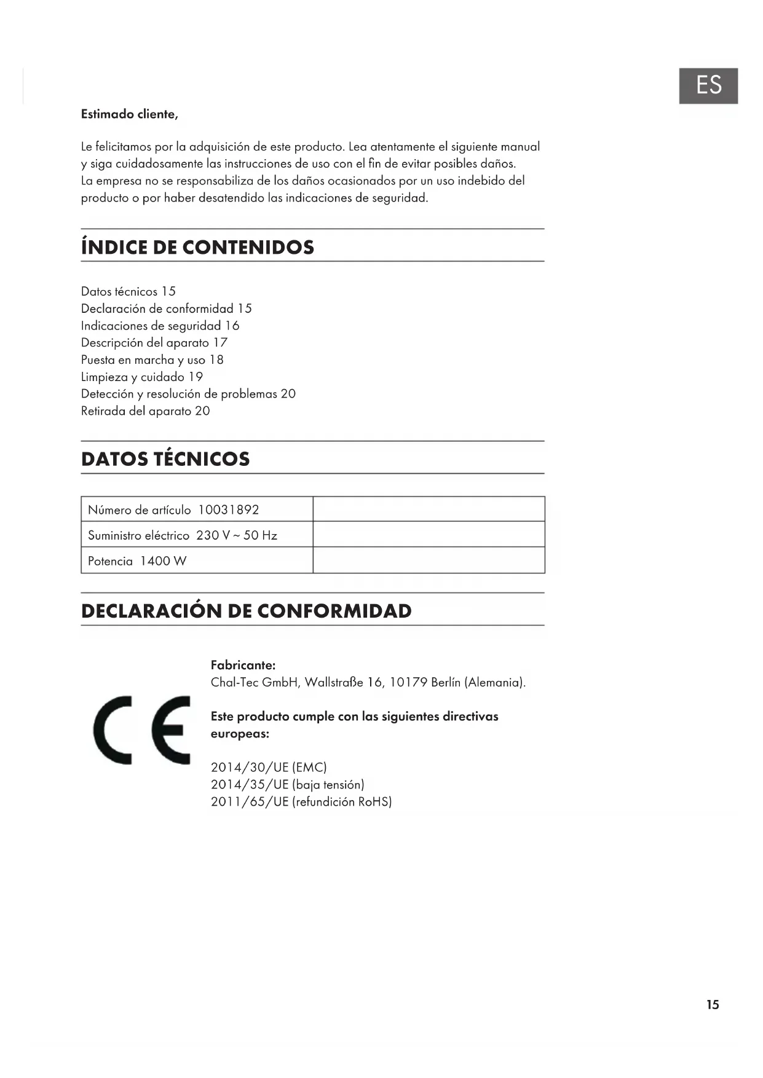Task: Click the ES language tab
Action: coord(708,85)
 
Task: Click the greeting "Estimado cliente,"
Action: coord(130,114)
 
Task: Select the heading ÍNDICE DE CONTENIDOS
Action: coord(197,247)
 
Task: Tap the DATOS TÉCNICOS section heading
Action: coord(165,459)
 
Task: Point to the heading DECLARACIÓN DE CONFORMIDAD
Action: coord(246,611)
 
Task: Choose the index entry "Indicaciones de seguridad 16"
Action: coord(160,326)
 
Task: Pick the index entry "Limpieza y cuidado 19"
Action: coord(141,377)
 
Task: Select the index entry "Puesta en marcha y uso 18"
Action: coord(152,360)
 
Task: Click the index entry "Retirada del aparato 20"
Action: coord(145,411)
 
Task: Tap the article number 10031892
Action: coord(228,510)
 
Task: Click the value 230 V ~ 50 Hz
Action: coord(237,535)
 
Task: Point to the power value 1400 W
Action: coord(163,561)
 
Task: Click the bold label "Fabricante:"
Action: coord(243,665)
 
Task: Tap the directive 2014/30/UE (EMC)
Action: coord(269,768)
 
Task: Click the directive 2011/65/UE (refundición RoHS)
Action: coord(301,801)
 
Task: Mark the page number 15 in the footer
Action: coord(713,1005)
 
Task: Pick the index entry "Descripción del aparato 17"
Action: coord(154,343)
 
